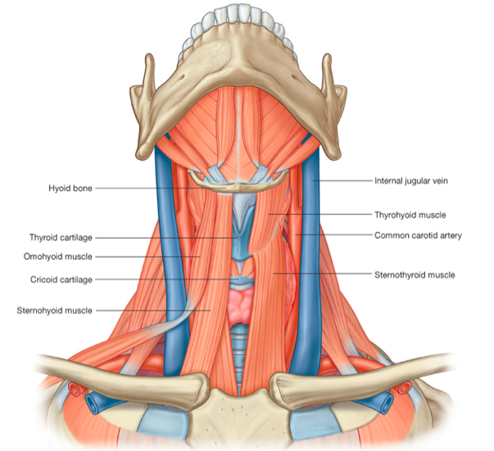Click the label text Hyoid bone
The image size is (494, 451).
coord(70,189)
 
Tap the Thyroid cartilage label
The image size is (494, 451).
coord(61,238)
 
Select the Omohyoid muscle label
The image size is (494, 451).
coord(61,257)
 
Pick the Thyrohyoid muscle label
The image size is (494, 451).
coord(410,215)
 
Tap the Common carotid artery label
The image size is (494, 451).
coord(418,235)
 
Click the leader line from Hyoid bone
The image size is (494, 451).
coord(147,189)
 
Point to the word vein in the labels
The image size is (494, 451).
coord(443,180)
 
